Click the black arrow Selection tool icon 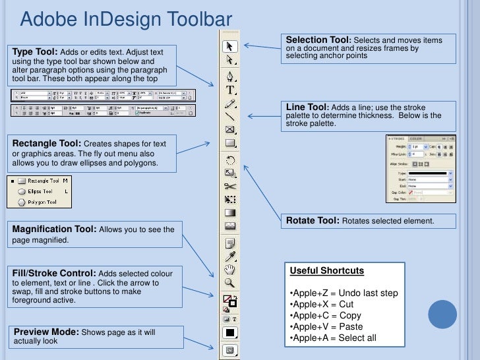click(229, 46)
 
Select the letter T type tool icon click(229, 90)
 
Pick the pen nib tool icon click(229, 75)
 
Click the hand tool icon click(229, 269)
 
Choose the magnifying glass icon click(229, 283)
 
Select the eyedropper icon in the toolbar click(229, 256)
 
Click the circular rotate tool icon click(230, 160)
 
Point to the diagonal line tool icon click(229, 117)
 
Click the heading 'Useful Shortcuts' click(327, 271)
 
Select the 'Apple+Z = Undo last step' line click(344, 293)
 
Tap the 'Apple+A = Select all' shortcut click(333, 338)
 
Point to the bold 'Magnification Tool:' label click(55, 229)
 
